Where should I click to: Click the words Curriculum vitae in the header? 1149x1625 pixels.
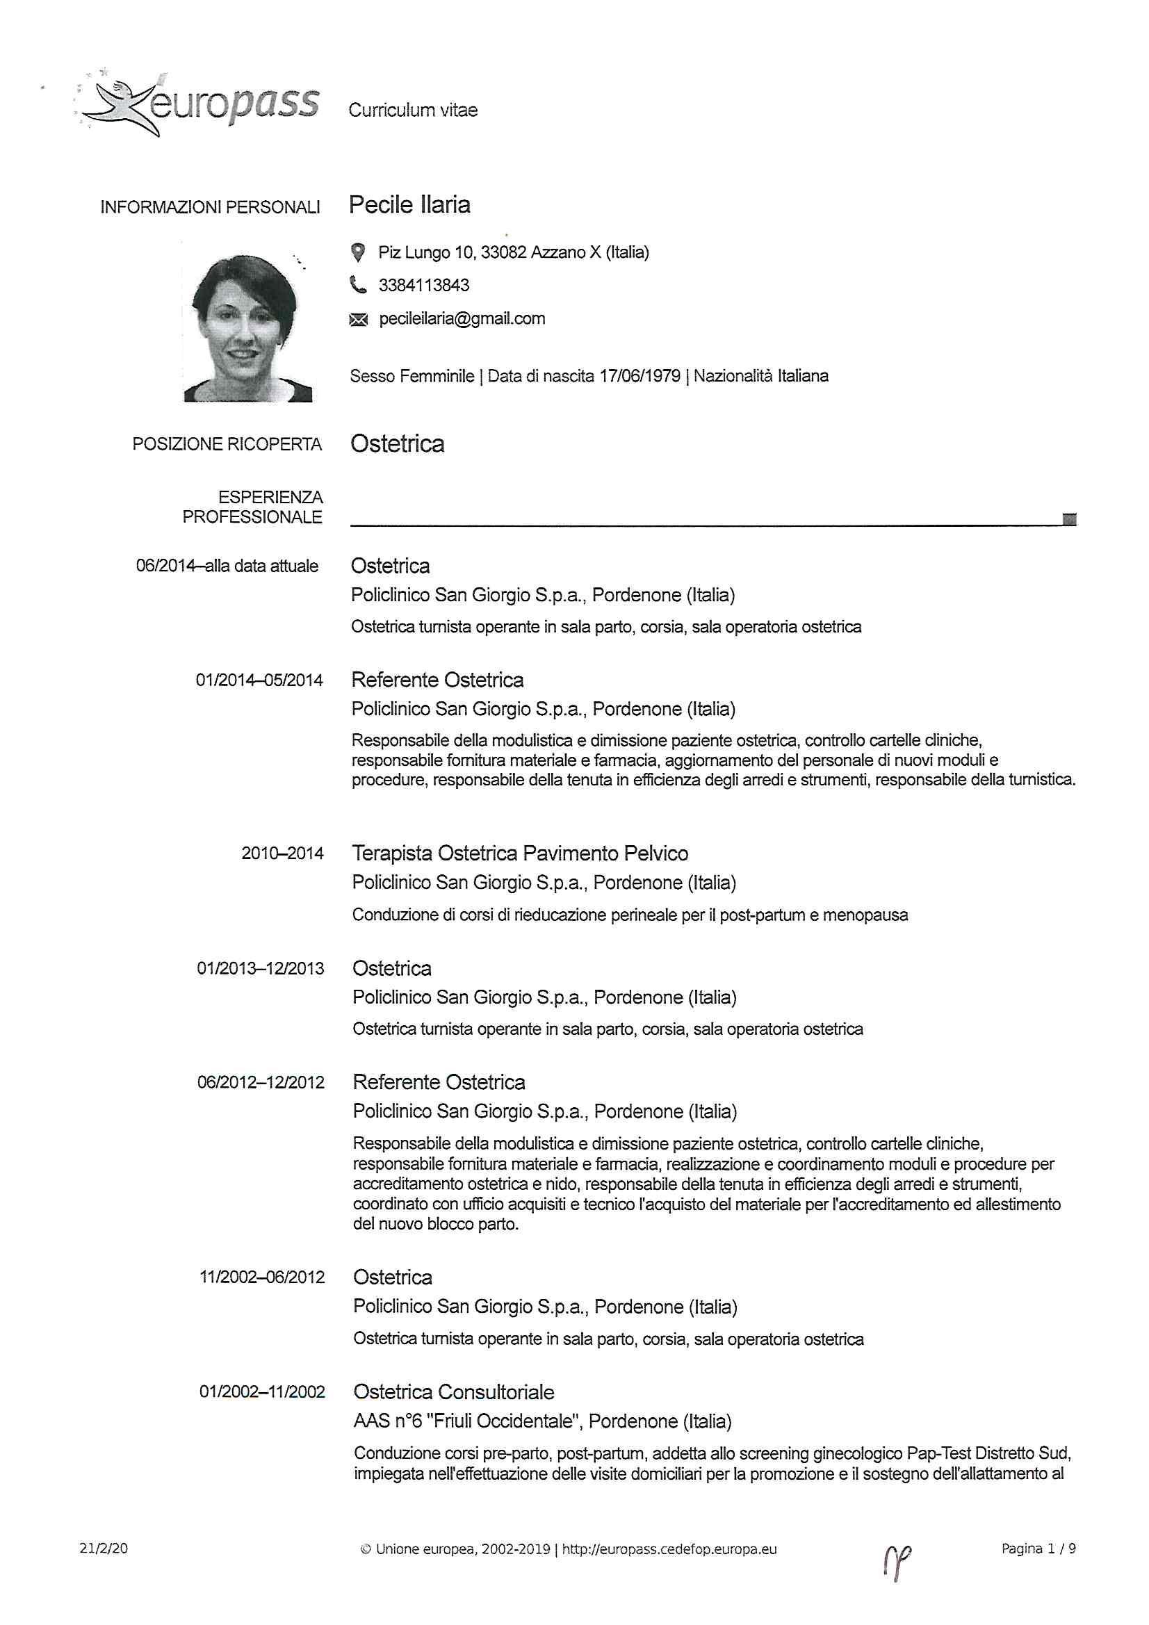point(413,111)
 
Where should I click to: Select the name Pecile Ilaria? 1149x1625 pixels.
point(409,204)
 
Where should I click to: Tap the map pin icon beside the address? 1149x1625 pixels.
point(358,252)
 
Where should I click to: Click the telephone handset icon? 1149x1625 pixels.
point(358,285)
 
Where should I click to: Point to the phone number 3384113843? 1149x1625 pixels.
point(423,285)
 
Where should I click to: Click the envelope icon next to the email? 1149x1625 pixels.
point(358,320)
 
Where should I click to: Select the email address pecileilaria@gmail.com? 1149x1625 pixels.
point(462,318)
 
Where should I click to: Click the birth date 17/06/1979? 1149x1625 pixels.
point(639,376)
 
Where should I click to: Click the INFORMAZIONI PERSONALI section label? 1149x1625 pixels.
point(209,207)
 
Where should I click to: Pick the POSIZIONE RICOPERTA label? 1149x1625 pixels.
point(227,444)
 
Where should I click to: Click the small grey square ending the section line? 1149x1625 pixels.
point(1069,519)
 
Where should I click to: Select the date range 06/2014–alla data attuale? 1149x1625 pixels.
point(227,566)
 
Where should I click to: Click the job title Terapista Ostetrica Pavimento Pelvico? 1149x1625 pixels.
point(520,854)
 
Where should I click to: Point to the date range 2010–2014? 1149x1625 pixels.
point(282,854)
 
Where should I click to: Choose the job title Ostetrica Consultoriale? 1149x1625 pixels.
point(453,1392)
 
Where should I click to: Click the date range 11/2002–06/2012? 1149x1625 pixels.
point(261,1277)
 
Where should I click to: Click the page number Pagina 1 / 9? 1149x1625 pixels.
point(1038,1549)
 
